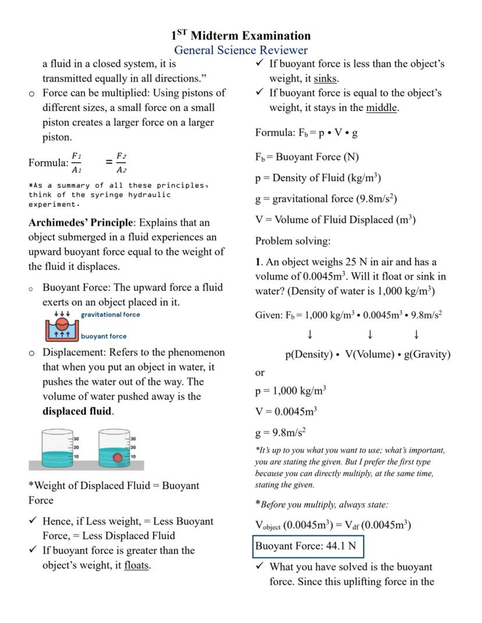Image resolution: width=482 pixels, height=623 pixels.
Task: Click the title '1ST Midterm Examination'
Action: coord(241,35)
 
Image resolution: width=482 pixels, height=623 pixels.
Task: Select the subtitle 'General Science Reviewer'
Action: coord(241,50)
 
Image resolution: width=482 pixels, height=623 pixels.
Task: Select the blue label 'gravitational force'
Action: coord(110,315)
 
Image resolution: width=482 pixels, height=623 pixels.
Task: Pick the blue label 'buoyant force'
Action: coord(104,336)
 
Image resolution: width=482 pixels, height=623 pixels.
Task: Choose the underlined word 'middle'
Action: coord(382,108)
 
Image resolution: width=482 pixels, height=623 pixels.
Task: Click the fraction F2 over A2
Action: coord(121,163)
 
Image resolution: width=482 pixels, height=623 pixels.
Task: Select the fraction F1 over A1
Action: coord(76,163)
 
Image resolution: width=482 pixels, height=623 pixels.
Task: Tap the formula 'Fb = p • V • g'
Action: coord(306,133)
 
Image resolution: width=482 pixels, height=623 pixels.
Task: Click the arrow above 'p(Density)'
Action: coord(310,334)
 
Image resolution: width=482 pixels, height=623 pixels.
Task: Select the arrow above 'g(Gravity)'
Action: coord(416,334)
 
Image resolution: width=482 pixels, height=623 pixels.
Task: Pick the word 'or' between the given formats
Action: coord(260,372)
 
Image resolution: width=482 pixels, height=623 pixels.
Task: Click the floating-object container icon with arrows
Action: coord(61,327)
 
